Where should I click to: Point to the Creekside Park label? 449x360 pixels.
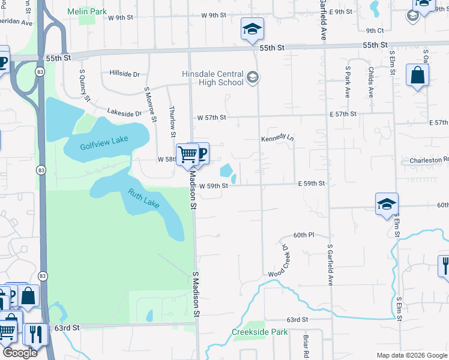260,332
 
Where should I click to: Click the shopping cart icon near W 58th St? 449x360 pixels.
187,155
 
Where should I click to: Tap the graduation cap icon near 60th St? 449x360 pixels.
387,204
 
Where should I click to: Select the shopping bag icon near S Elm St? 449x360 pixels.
417,76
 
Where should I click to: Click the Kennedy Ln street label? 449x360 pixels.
277,139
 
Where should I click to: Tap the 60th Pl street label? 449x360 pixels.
304,235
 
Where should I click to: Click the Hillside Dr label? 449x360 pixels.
124,74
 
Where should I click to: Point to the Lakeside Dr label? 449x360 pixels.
124,112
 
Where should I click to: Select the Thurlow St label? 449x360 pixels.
173,118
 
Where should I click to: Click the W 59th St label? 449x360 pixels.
210,186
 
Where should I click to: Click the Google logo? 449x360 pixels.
20,352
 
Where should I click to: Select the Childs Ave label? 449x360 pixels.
370,84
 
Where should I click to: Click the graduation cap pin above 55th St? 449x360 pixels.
253,28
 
